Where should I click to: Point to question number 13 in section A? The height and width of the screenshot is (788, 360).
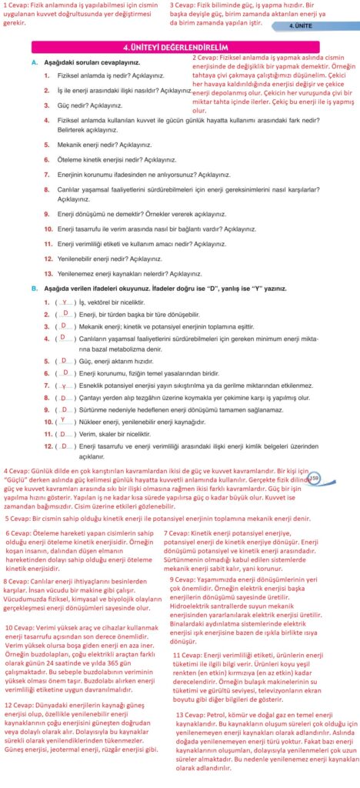(x=48, y=273)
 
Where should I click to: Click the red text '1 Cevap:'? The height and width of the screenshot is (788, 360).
(x=17, y=4)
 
